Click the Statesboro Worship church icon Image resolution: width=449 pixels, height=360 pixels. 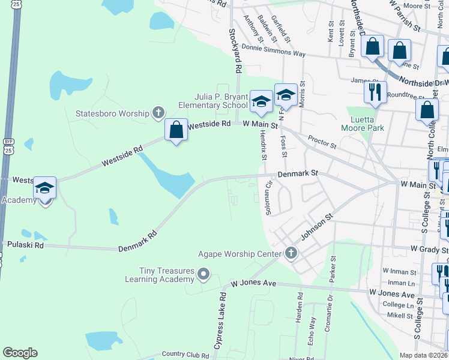pos(158,112)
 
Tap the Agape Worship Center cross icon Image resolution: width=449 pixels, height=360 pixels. pos(291,252)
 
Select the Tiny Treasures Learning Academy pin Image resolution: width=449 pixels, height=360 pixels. pos(203,275)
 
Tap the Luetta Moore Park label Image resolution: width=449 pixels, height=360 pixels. pos(362,123)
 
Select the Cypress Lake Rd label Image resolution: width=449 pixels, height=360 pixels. pos(220,320)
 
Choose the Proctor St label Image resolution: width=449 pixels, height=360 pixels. pos(323,142)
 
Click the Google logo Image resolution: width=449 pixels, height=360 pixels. pos(20,353)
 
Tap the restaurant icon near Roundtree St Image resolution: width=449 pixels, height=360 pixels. pos(375,92)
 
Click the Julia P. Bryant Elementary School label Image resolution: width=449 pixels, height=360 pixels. pos(212,101)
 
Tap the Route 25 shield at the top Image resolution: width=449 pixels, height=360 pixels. pos(17,4)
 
